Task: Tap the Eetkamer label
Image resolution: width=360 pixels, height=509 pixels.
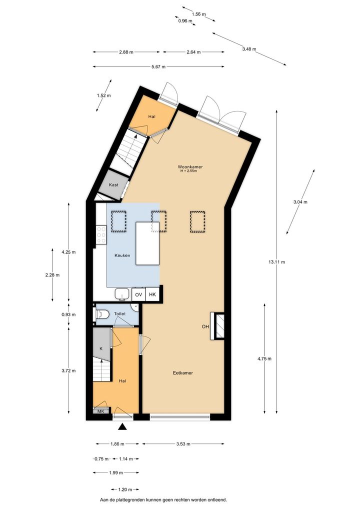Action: tap(183, 373)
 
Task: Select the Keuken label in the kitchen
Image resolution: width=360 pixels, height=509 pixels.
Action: tap(122, 255)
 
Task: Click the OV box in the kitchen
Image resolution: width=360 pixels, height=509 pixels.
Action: tap(138, 295)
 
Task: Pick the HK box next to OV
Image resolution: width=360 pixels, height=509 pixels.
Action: tap(152, 295)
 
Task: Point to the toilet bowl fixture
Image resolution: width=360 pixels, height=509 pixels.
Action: tap(103, 314)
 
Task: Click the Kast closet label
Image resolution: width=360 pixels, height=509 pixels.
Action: tap(113, 185)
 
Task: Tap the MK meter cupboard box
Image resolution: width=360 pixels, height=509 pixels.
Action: tap(100, 411)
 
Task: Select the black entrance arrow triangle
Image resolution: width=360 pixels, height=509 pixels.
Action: tap(122, 427)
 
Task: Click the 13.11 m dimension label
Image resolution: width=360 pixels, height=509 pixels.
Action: tap(277, 262)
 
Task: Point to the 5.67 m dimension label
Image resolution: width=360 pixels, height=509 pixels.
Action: tap(158, 67)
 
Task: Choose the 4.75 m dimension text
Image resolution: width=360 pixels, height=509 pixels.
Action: tap(264, 358)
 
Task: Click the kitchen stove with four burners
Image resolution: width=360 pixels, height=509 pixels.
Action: tap(101, 234)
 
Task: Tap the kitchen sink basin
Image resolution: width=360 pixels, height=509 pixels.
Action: tap(123, 294)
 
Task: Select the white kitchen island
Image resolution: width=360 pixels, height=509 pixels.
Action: tap(147, 243)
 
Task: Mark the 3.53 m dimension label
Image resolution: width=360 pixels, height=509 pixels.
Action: tap(183, 444)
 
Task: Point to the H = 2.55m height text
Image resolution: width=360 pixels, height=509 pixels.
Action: tap(189, 171)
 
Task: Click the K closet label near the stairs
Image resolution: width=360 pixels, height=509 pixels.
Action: tap(101, 348)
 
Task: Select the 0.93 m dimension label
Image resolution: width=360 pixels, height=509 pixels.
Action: tap(68, 314)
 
